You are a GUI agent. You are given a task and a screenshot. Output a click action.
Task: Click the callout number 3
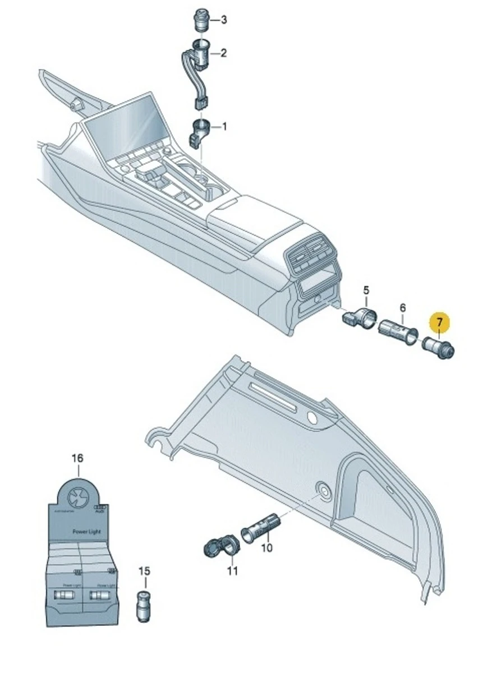point(224,20)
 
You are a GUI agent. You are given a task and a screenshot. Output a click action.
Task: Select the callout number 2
point(224,53)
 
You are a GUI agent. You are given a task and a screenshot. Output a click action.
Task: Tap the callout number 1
point(225,127)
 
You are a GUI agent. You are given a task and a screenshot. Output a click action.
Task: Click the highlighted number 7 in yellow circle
point(439,322)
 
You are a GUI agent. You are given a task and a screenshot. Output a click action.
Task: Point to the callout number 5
point(366,290)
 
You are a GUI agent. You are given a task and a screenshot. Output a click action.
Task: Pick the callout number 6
point(402,308)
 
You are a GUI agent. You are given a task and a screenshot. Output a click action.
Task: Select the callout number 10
point(267,547)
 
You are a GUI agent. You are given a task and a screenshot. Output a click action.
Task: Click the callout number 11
point(232,571)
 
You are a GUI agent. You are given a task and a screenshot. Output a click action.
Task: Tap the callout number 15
point(144,571)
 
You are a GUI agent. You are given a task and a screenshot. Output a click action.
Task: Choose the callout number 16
point(77,458)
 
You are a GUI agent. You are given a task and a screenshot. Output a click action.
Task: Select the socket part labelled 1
point(200,129)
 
